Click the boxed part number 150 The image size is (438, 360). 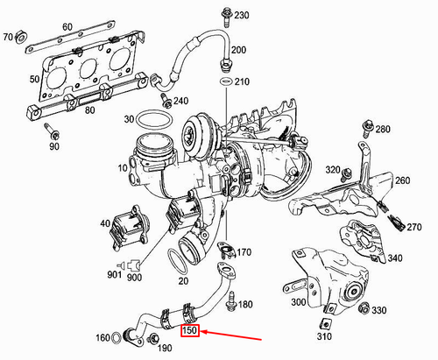point(190,331)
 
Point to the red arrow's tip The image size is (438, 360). point(204,332)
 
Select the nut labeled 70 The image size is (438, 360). point(25,38)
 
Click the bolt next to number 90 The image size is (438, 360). point(51,133)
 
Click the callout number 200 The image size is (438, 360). point(239,50)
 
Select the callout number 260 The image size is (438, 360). point(402,181)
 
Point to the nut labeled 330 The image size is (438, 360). point(364,309)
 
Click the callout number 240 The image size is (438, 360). point(181,101)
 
